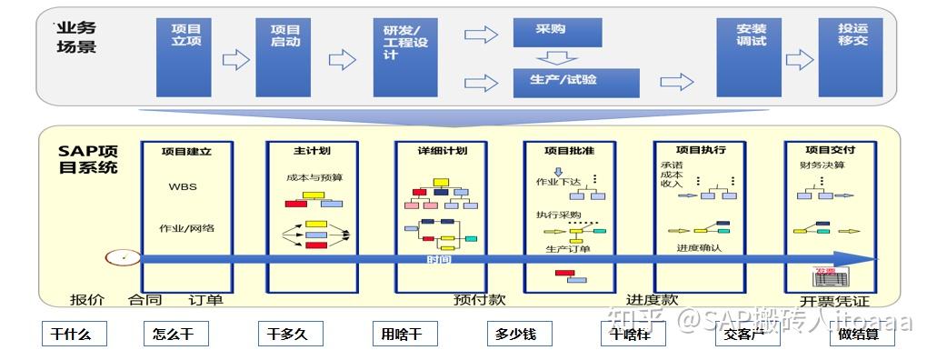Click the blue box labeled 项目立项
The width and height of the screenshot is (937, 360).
[x=184, y=56]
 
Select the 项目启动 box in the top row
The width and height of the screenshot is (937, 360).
[x=284, y=56]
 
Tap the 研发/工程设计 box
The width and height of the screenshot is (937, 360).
[x=404, y=56]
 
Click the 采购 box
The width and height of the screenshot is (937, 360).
[x=556, y=31]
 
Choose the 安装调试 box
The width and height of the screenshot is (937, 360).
[x=750, y=56]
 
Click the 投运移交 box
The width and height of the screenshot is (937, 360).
[x=850, y=56]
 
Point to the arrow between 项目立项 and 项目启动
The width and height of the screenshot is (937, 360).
[x=235, y=60]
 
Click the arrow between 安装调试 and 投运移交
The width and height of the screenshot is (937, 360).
[x=799, y=60]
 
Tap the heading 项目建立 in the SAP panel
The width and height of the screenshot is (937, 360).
[x=185, y=151]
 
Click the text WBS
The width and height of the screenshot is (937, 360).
[x=182, y=187]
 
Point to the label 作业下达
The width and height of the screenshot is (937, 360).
[x=558, y=182]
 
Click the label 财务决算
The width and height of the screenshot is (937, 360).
[x=822, y=165]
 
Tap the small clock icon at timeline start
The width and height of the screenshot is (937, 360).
[x=116, y=257]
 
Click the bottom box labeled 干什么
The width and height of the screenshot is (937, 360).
[x=73, y=334]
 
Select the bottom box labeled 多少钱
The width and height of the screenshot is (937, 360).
[x=516, y=334]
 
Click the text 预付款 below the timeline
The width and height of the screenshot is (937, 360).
[x=479, y=299]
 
